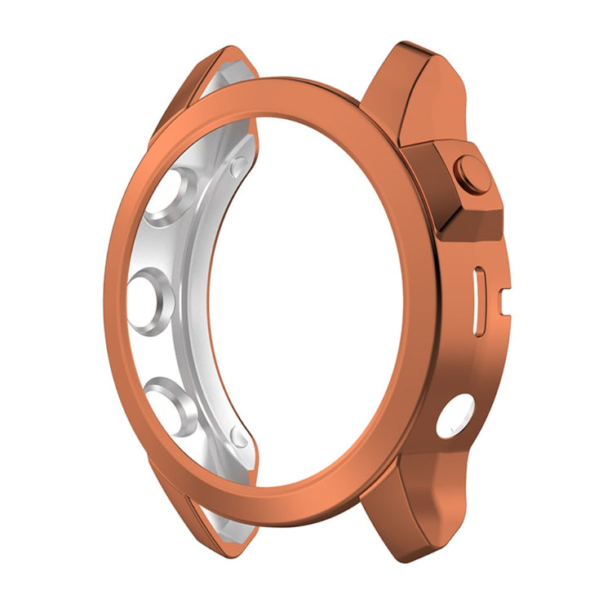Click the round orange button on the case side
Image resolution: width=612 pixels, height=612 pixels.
(x=473, y=174)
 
